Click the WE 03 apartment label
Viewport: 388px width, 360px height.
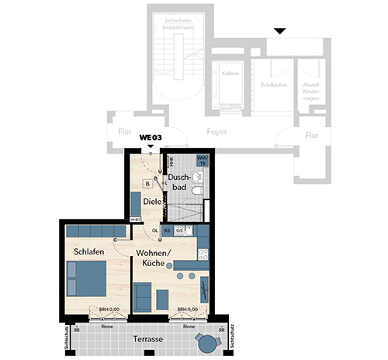click(x=150, y=137)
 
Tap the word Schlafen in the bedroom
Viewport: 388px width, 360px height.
click(x=89, y=252)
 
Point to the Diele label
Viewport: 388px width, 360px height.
click(x=151, y=202)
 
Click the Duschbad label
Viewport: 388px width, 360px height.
click(x=179, y=182)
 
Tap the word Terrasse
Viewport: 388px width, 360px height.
click(x=146, y=340)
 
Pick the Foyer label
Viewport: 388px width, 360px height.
click(x=217, y=133)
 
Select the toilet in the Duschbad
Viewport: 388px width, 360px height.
click(x=199, y=190)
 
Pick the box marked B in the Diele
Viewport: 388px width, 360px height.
click(x=147, y=184)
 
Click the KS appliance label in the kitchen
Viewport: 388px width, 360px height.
click(x=167, y=230)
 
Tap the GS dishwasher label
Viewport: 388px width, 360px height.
click(x=180, y=230)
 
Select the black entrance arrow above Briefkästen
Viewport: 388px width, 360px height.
click(x=279, y=31)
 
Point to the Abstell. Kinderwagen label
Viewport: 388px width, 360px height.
click(x=311, y=92)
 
